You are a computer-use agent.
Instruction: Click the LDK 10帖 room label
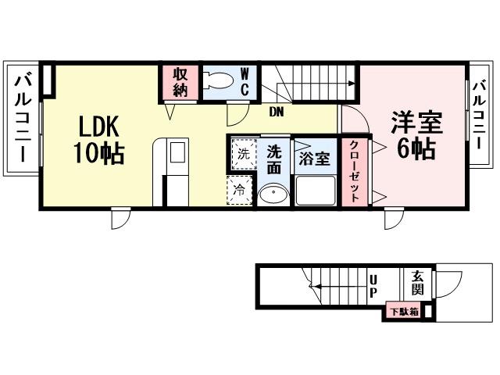pyautogui.click(x=99, y=139)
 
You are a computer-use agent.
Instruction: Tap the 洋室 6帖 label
pyautogui.click(x=417, y=135)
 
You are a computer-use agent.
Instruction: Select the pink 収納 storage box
pyautogui.click(x=180, y=81)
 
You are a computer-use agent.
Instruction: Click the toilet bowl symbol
pyautogui.click(x=220, y=80)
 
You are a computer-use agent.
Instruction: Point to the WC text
pyautogui.click(x=245, y=81)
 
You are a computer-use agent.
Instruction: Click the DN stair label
pyautogui.click(x=276, y=112)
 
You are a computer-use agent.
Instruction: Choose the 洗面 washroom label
pyautogui.click(x=273, y=159)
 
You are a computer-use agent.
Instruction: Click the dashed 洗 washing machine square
pyautogui.click(x=242, y=153)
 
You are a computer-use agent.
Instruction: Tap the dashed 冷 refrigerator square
pyautogui.click(x=241, y=190)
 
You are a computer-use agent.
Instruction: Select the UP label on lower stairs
pyautogui.click(x=373, y=286)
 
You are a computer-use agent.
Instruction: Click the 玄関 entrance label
pyautogui.click(x=418, y=282)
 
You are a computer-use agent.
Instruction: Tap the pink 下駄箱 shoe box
pyautogui.click(x=404, y=312)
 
